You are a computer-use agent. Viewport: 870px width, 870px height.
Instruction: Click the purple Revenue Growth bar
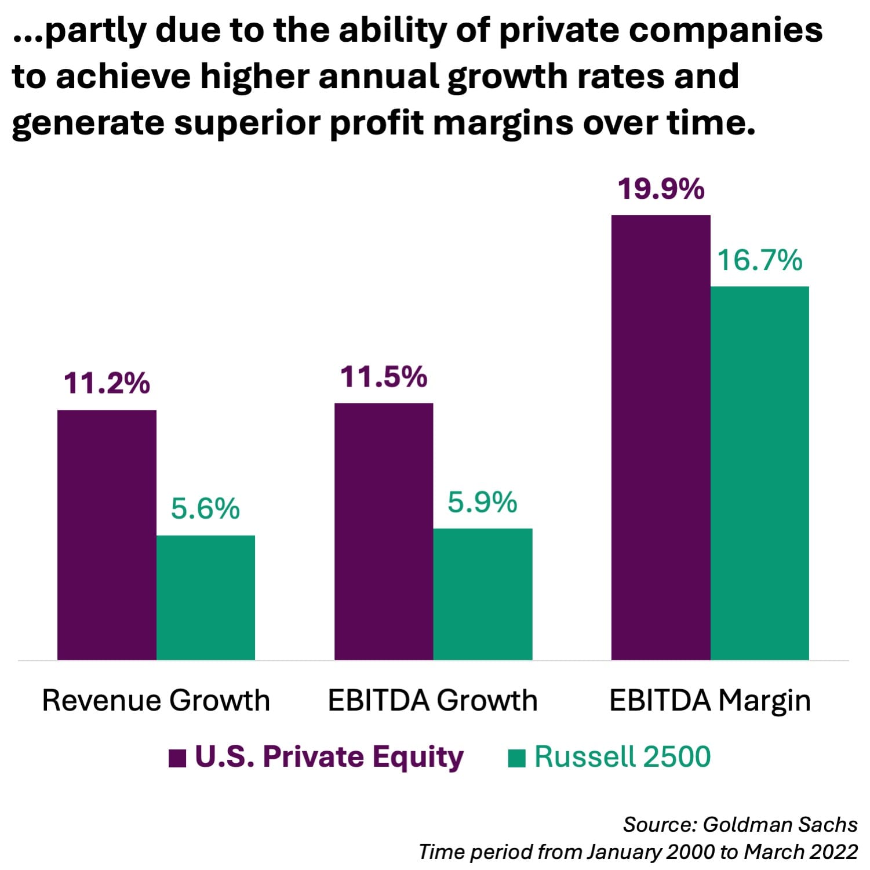tap(107, 534)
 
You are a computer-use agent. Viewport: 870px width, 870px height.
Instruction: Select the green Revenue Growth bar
tap(206, 597)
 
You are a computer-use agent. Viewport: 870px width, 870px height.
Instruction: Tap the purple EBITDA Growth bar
tap(384, 531)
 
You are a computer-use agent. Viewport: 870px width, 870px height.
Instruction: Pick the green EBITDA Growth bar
tap(483, 594)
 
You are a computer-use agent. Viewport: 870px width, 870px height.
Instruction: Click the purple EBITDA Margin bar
tap(661, 437)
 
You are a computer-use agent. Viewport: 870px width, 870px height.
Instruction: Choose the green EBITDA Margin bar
tap(760, 473)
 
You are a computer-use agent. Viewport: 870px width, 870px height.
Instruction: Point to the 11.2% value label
tap(107, 383)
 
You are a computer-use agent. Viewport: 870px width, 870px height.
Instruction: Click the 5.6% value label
tap(205, 508)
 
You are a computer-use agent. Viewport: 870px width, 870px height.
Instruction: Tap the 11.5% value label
tap(384, 377)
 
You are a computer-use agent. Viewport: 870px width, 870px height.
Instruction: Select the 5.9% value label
tap(482, 502)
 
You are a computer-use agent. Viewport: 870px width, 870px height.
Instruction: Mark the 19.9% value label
tap(661, 189)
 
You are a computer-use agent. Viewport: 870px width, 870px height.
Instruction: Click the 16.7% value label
tap(760, 260)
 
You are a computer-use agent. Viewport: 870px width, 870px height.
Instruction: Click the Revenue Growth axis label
tap(156, 700)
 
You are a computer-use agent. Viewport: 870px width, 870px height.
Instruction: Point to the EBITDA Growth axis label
tap(432, 700)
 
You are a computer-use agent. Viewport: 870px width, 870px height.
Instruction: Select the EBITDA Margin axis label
tap(710, 700)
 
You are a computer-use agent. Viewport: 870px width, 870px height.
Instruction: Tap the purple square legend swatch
tap(177, 758)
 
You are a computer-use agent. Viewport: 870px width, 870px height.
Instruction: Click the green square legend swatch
tap(516, 758)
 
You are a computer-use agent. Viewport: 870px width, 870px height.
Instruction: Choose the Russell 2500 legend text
tap(622, 756)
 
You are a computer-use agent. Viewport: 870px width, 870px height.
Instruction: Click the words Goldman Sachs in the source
tap(780, 824)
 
